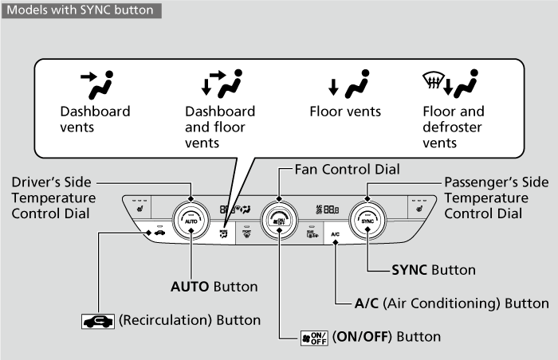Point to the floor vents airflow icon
[345, 84]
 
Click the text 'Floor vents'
[345, 112]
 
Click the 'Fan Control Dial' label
[347, 169]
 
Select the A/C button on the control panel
[336, 234]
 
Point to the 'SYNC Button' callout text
[434, 270]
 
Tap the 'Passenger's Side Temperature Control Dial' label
[496, 198]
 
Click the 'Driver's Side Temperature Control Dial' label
[53, 198]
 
